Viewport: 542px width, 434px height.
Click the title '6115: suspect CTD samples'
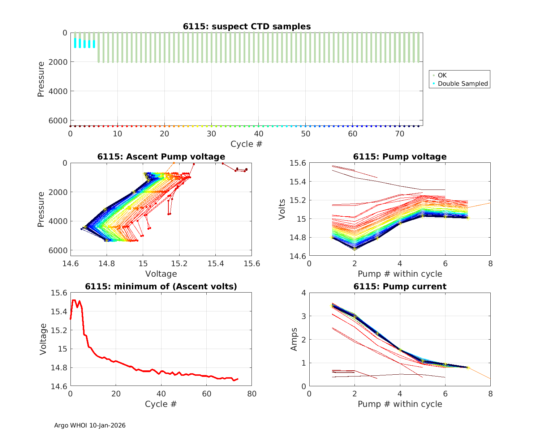pyautogui.click(x=247, y=26)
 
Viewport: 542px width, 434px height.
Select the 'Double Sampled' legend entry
pyautogui.click(x=463, y=84)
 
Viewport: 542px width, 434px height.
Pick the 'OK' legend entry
pyautogui.click(x=442, y=75)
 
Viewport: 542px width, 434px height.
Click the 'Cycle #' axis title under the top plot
pyautogui.click(x=246, y=144)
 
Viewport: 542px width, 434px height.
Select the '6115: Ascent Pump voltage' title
pyautogui.click(x=161, y=157)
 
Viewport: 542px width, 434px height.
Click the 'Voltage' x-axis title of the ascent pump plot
pyautogui.click(x=161, y=274)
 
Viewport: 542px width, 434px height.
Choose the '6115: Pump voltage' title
pyautogui.click(x=400, y=157)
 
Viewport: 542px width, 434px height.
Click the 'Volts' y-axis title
pyautogui.click(x=282, y=209)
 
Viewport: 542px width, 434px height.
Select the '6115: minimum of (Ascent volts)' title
pyautogui.click(x=161, y=286)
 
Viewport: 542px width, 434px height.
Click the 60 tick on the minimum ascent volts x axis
pyautogui.click(x=206, y=393)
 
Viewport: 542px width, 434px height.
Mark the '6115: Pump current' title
pyautogui.click(x=400, y=286)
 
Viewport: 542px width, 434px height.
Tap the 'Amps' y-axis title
pyautogui.click(x=294, y=339)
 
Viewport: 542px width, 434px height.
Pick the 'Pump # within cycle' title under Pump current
pyautogui.click(x=400, y=404)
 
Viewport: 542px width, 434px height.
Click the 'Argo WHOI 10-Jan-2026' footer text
pyautogui.click(x=90, y=426)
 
